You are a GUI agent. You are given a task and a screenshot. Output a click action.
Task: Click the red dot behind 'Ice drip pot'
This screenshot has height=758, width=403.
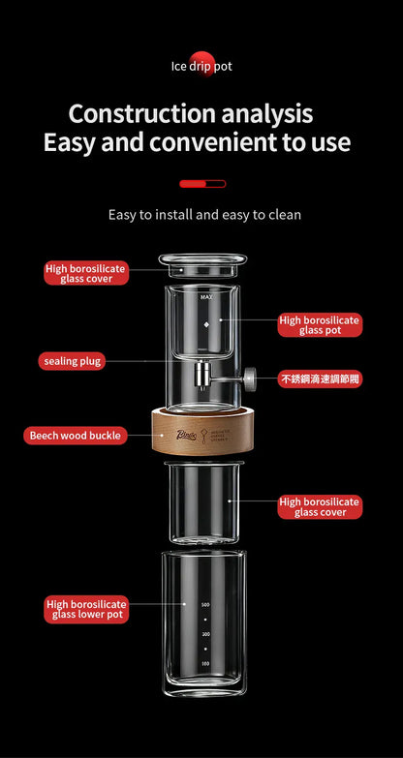201,59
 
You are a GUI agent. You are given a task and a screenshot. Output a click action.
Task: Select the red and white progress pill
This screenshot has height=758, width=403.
202,183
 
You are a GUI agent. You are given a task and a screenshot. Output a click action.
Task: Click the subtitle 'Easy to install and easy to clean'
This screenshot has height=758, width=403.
204,214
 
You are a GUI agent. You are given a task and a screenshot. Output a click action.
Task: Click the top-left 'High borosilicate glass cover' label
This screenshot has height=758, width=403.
86,273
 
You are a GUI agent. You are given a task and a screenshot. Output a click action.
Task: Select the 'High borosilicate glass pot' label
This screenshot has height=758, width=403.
320,324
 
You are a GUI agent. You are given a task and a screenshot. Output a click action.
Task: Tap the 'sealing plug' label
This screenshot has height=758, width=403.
73,361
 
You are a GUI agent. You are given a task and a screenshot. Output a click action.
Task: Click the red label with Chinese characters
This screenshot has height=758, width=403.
320,379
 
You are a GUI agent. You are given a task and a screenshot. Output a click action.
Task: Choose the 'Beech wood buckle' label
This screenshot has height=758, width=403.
76,436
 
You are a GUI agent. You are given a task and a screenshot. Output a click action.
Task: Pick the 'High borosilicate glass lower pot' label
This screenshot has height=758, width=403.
86,609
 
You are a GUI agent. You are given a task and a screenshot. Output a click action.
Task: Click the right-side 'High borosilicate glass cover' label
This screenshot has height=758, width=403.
320,506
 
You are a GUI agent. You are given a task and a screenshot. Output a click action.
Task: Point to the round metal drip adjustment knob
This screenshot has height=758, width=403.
250,379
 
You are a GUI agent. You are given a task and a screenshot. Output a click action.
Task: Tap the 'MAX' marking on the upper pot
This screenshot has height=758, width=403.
205,295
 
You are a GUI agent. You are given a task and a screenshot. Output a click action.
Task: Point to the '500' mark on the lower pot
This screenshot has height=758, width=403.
205,604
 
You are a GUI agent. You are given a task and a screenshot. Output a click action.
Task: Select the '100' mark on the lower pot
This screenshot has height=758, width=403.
205,663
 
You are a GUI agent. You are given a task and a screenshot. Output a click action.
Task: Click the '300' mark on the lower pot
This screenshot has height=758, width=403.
205,634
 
